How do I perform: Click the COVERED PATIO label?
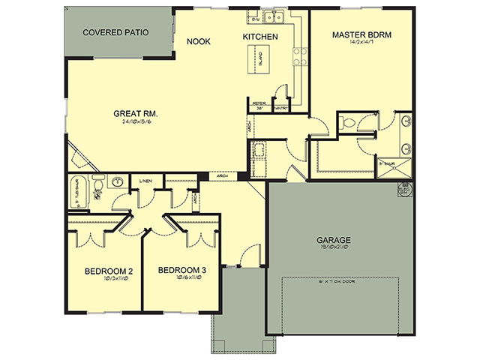click(x=115, y=33)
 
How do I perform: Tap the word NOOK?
click(x=198, y=43)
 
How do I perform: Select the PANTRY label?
click(x=281, y=107)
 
